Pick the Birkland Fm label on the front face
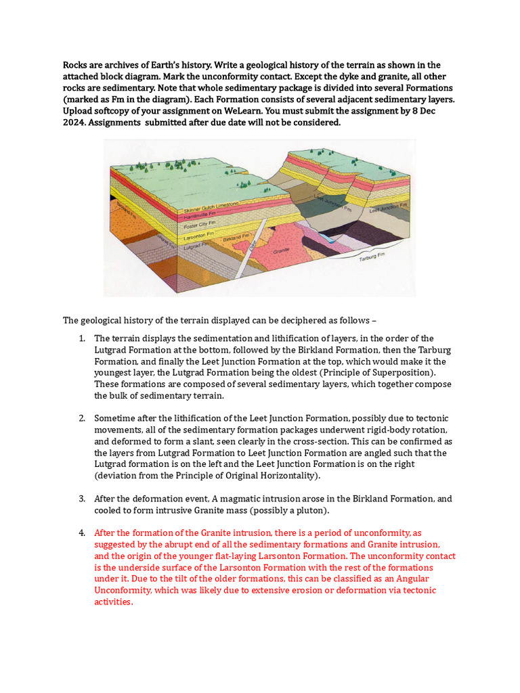[232, 239]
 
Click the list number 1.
[81, 338]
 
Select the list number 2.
[81, 418]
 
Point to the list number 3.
[81, 499]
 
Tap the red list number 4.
[81, 533]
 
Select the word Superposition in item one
[397, 373]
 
